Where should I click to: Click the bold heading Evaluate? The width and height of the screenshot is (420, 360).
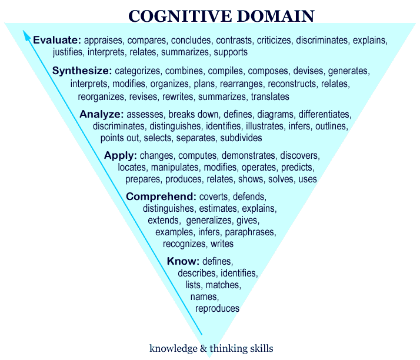(57, 41)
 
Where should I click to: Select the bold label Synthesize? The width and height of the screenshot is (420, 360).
(78, 71)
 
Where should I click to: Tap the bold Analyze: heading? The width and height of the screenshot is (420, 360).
(102, 114)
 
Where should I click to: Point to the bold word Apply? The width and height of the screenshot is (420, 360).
(121, 156)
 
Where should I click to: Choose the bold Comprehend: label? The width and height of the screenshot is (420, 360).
(161, 196)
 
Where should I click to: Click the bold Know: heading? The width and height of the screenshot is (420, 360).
(184, 261)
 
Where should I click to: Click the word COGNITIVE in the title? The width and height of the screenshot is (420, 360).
(175, 16)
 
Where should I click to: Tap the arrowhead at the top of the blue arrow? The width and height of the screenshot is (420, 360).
(26, 35)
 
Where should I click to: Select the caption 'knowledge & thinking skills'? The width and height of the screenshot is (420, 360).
(211, 348)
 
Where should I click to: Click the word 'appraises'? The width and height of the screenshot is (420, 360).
(103, 41)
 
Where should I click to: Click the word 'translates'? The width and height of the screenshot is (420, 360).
(270, 96)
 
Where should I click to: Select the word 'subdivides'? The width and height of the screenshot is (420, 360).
(241, 138)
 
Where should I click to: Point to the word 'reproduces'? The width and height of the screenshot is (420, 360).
(217, 308)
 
